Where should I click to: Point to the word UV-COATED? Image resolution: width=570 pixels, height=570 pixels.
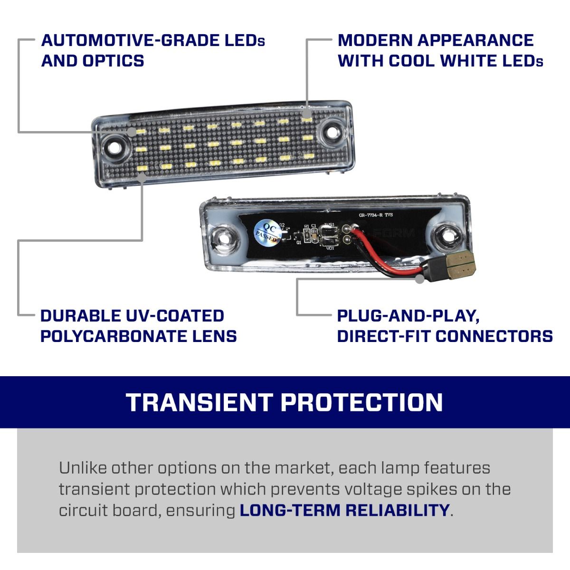pos(175,316)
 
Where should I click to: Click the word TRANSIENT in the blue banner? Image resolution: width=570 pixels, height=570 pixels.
pos(199,402)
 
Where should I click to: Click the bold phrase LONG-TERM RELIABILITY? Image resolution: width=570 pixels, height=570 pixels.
pos(344,510)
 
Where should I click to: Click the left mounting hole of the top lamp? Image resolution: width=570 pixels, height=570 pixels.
pos(114,147)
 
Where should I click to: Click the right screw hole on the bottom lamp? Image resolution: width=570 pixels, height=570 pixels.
pos(445,234)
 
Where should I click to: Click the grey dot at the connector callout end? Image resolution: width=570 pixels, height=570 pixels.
pos(419,279)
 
